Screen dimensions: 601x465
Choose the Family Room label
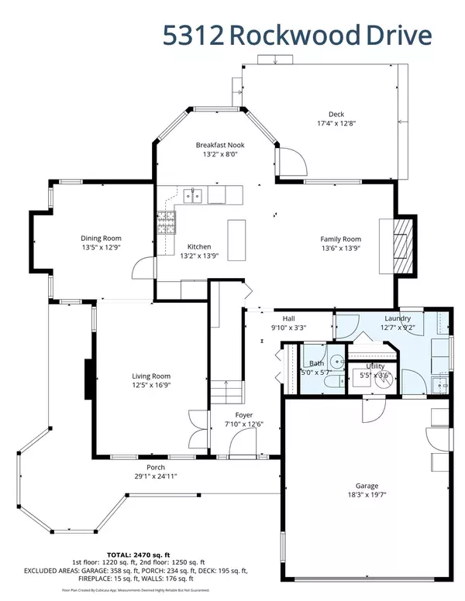click(342, 239)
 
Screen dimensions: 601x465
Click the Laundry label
click(401, 318)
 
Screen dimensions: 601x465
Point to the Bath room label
click(316, 363)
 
